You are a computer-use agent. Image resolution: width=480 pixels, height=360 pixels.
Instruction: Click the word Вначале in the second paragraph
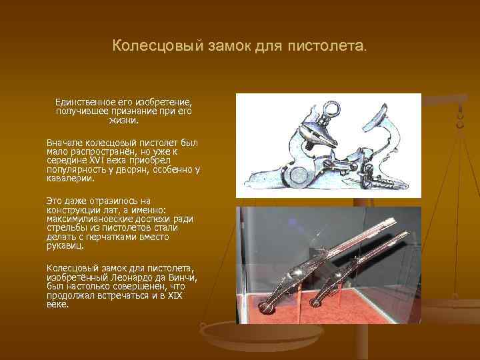coord(65,143)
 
